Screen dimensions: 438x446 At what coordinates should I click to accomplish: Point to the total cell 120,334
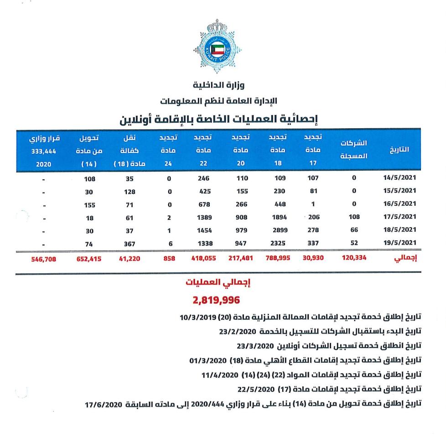tap(354, 258)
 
